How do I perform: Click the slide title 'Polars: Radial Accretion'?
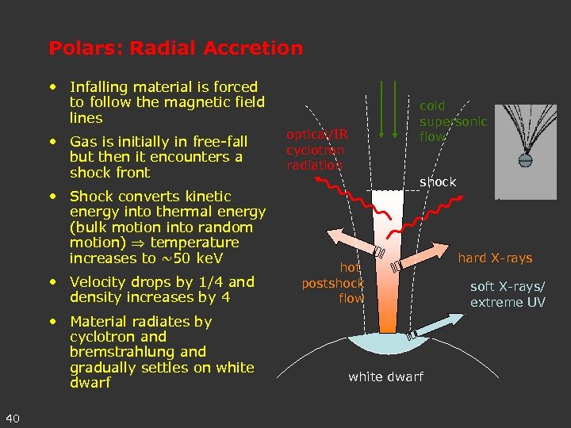(x=175, y=48)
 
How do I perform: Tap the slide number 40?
(x=13, y=418)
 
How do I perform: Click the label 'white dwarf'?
(x=385, y=376)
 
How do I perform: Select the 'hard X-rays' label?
(x=495, y=258)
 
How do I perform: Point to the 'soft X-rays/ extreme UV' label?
(x=508, y=294)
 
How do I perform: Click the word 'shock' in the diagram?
(x=438, y=182)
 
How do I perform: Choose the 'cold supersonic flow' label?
(x=453, y=121)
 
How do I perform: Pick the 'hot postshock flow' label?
(x=333, y=283)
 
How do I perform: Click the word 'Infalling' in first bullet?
(x=97, y=87)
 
